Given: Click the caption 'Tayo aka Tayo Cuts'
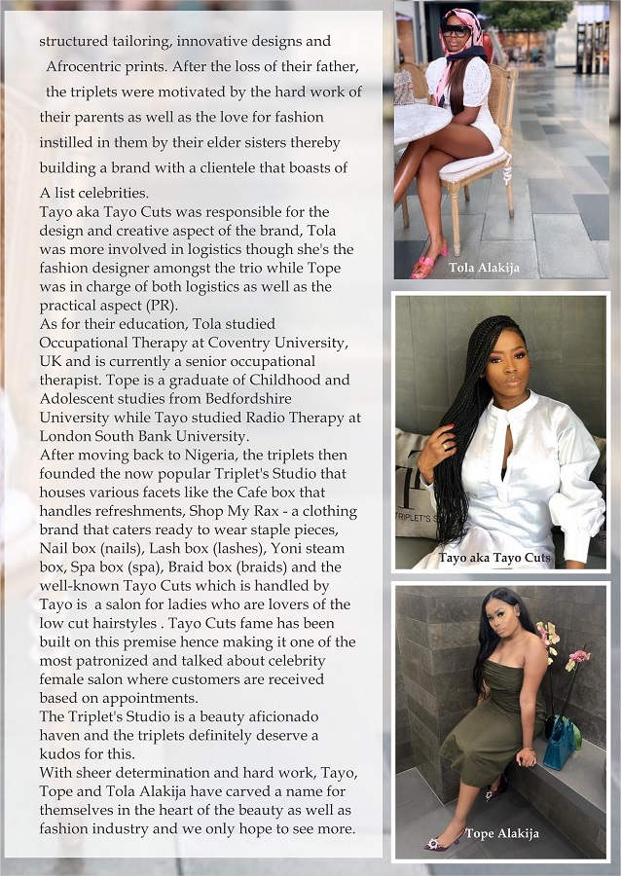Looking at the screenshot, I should point(494,559).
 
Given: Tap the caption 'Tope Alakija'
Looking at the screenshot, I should point(501,833).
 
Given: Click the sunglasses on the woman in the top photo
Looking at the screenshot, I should point(455,30).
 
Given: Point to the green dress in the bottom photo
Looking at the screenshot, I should point(487,720).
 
